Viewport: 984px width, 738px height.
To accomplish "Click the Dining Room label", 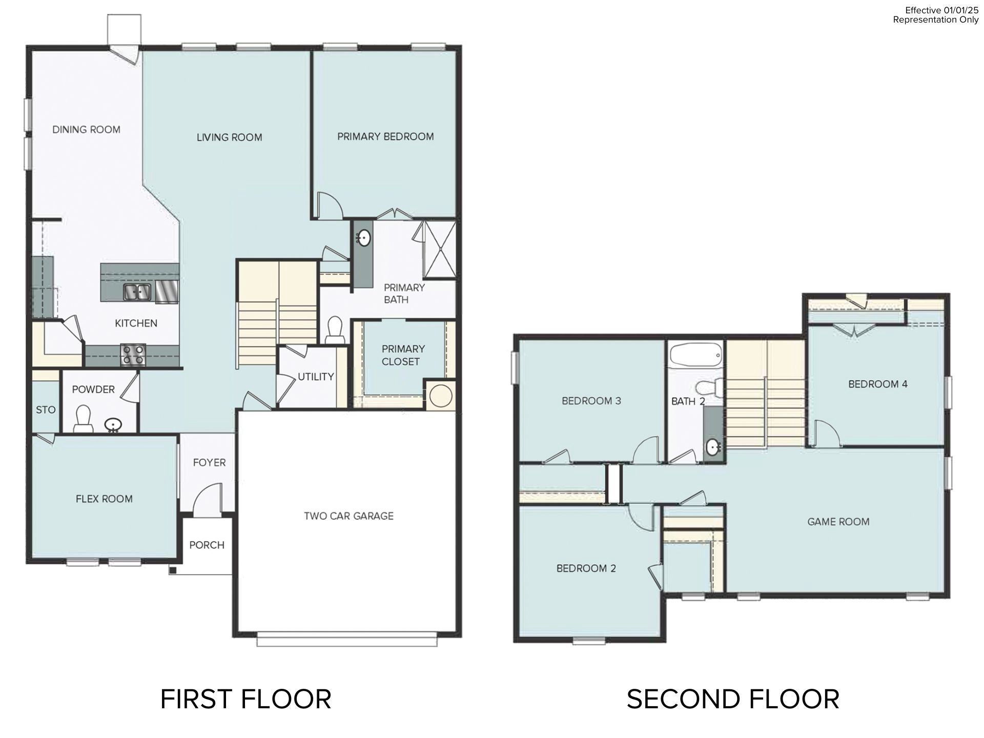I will (86, 130).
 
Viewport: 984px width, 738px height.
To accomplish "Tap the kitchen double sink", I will (136, 292).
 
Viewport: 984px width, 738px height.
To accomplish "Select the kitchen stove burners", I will (133, 354).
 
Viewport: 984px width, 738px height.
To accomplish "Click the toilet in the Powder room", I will (83, 418).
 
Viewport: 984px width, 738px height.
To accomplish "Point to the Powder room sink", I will (113, 425).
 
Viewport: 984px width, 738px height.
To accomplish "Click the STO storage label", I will (46, 410).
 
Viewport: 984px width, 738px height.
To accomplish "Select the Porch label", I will (207, 545).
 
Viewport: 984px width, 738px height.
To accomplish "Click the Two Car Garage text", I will (348, 516).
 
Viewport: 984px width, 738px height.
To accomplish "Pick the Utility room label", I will (316, 377).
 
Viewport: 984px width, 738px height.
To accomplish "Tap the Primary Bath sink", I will (364, 238).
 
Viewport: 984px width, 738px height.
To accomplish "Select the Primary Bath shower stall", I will (439, 249).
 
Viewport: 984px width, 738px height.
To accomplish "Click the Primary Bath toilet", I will (335, 330).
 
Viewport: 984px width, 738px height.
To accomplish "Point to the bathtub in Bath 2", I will (695, 355).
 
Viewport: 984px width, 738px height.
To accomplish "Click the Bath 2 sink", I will (713, 447).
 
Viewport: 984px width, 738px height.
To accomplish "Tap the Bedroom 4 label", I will (877, 384).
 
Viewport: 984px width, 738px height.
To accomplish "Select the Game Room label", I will (838, 522).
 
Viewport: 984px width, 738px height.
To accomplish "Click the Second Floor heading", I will (732, 700).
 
